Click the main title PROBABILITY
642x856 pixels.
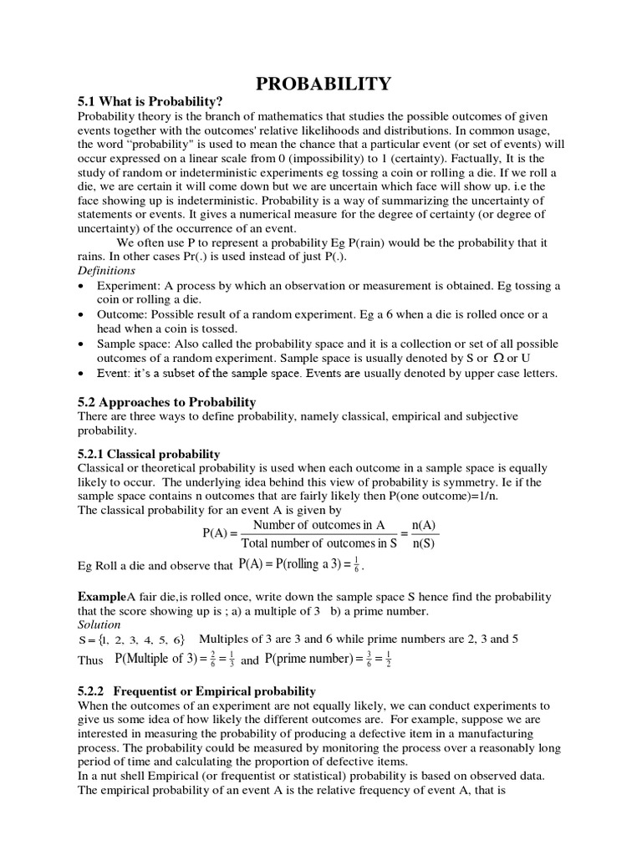point(322,83)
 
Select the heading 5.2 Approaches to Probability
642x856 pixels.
point(166,402)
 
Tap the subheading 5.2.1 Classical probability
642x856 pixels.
point(149,453)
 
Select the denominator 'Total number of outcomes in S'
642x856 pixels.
point(318,543)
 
